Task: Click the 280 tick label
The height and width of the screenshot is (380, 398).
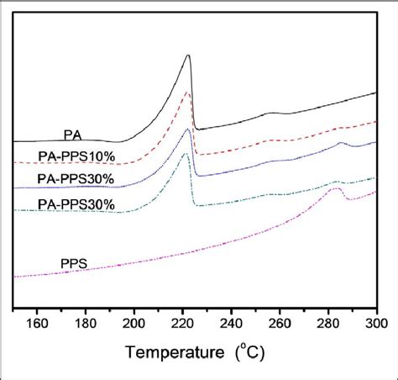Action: [x=327, y=322]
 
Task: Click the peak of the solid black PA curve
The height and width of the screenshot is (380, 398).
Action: [x=187, y=55]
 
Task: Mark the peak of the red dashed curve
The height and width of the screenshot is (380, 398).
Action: [x=187, y=93]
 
